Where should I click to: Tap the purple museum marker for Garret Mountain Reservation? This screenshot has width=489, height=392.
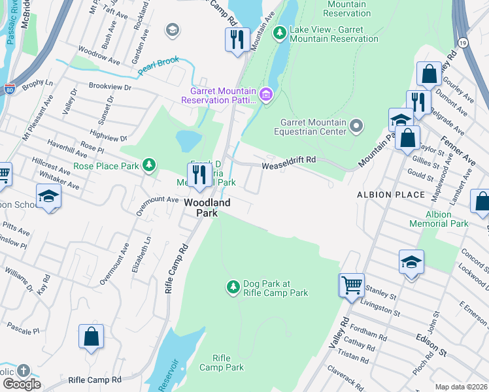point(266,95)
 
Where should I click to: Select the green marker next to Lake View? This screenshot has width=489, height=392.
point(280,32)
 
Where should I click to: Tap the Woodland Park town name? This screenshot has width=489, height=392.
point(207,208)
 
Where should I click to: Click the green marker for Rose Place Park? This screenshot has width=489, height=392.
point(150,165)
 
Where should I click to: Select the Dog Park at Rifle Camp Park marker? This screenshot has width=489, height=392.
point(233,287)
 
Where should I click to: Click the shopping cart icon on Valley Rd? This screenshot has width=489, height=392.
point(352,286)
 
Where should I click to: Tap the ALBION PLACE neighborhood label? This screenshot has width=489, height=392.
point(383,195)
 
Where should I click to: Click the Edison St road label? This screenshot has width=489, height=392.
point(431,344)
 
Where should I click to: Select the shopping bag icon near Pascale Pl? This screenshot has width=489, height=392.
point(92,337)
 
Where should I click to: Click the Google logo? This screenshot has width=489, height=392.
point(21,384)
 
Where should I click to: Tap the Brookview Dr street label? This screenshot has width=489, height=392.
point(110,87)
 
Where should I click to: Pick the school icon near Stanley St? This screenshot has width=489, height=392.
point(411,263)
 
